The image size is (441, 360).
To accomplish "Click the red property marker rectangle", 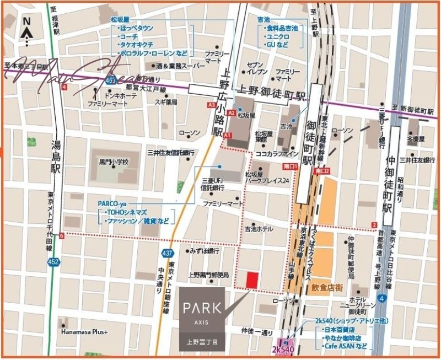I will click(x=251, y=280).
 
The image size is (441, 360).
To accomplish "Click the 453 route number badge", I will click(x=112, y=80).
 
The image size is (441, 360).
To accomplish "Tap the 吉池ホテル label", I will click(x=259, y=228).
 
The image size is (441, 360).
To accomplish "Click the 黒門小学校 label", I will click(x=114, y=162).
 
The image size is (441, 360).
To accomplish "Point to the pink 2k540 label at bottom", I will click(x=283, y=350).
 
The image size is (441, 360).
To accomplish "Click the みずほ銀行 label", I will click(x=205, y=250).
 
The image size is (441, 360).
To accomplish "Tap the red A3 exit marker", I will click(x=212, y=105).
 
